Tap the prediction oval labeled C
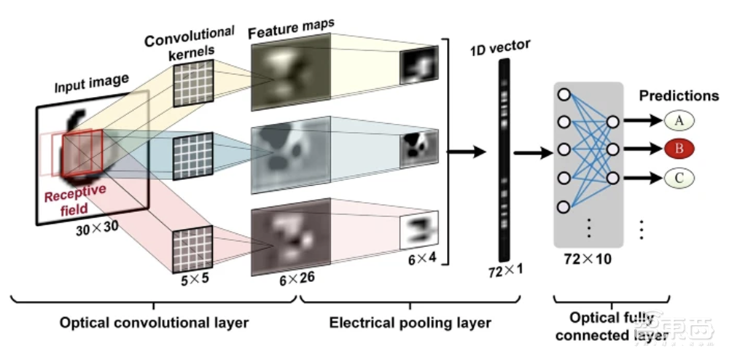(x=678, y=177)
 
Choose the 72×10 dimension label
(x=587, y=258)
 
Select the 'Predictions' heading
(x=679, y=95)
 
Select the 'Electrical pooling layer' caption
(x=410, y=321)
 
